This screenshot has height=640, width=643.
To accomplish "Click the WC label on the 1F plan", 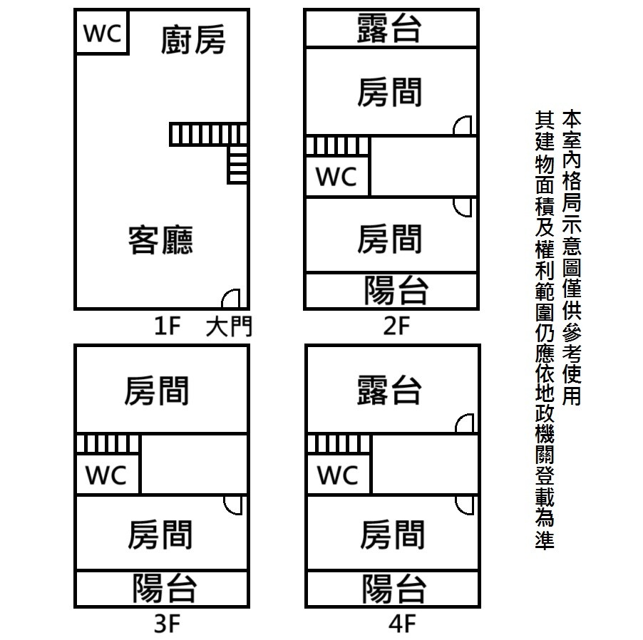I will [x=103, y=33].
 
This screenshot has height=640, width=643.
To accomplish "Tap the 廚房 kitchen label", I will [x=192, y=39].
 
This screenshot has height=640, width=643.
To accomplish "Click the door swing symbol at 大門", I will [x=232, y=299].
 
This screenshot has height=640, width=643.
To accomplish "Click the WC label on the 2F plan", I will [x=336, y=177].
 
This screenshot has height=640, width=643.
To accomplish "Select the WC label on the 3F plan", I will [x=106, y=475].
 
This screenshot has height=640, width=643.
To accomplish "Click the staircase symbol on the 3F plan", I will [x=108, y=444].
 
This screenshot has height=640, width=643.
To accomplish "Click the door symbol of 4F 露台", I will [x=465, y=423].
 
